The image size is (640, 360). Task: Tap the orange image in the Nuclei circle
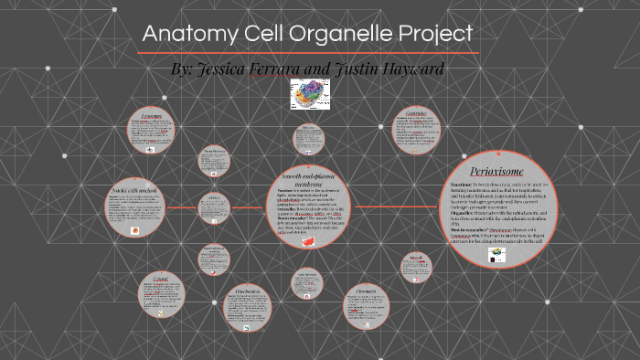[x=134, y=231]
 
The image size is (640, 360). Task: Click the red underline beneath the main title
[x=307, y=53]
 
